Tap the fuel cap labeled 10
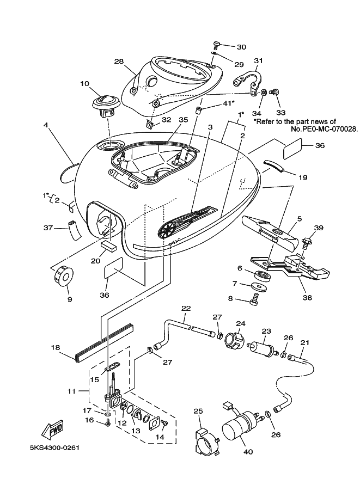click(x=105, y=105)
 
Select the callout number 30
click(x=241, y=47)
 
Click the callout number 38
click(x=307, y=297)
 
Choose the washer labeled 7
click(x=258, y=286)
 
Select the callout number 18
click(x=56, y=348)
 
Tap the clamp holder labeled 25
click(x=206, y=443)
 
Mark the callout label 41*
click(x=228, y=103)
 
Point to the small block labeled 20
click(x=108, y=246)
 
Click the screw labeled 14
click(x=164, y=422)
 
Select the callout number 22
click(x=186, y=308)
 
